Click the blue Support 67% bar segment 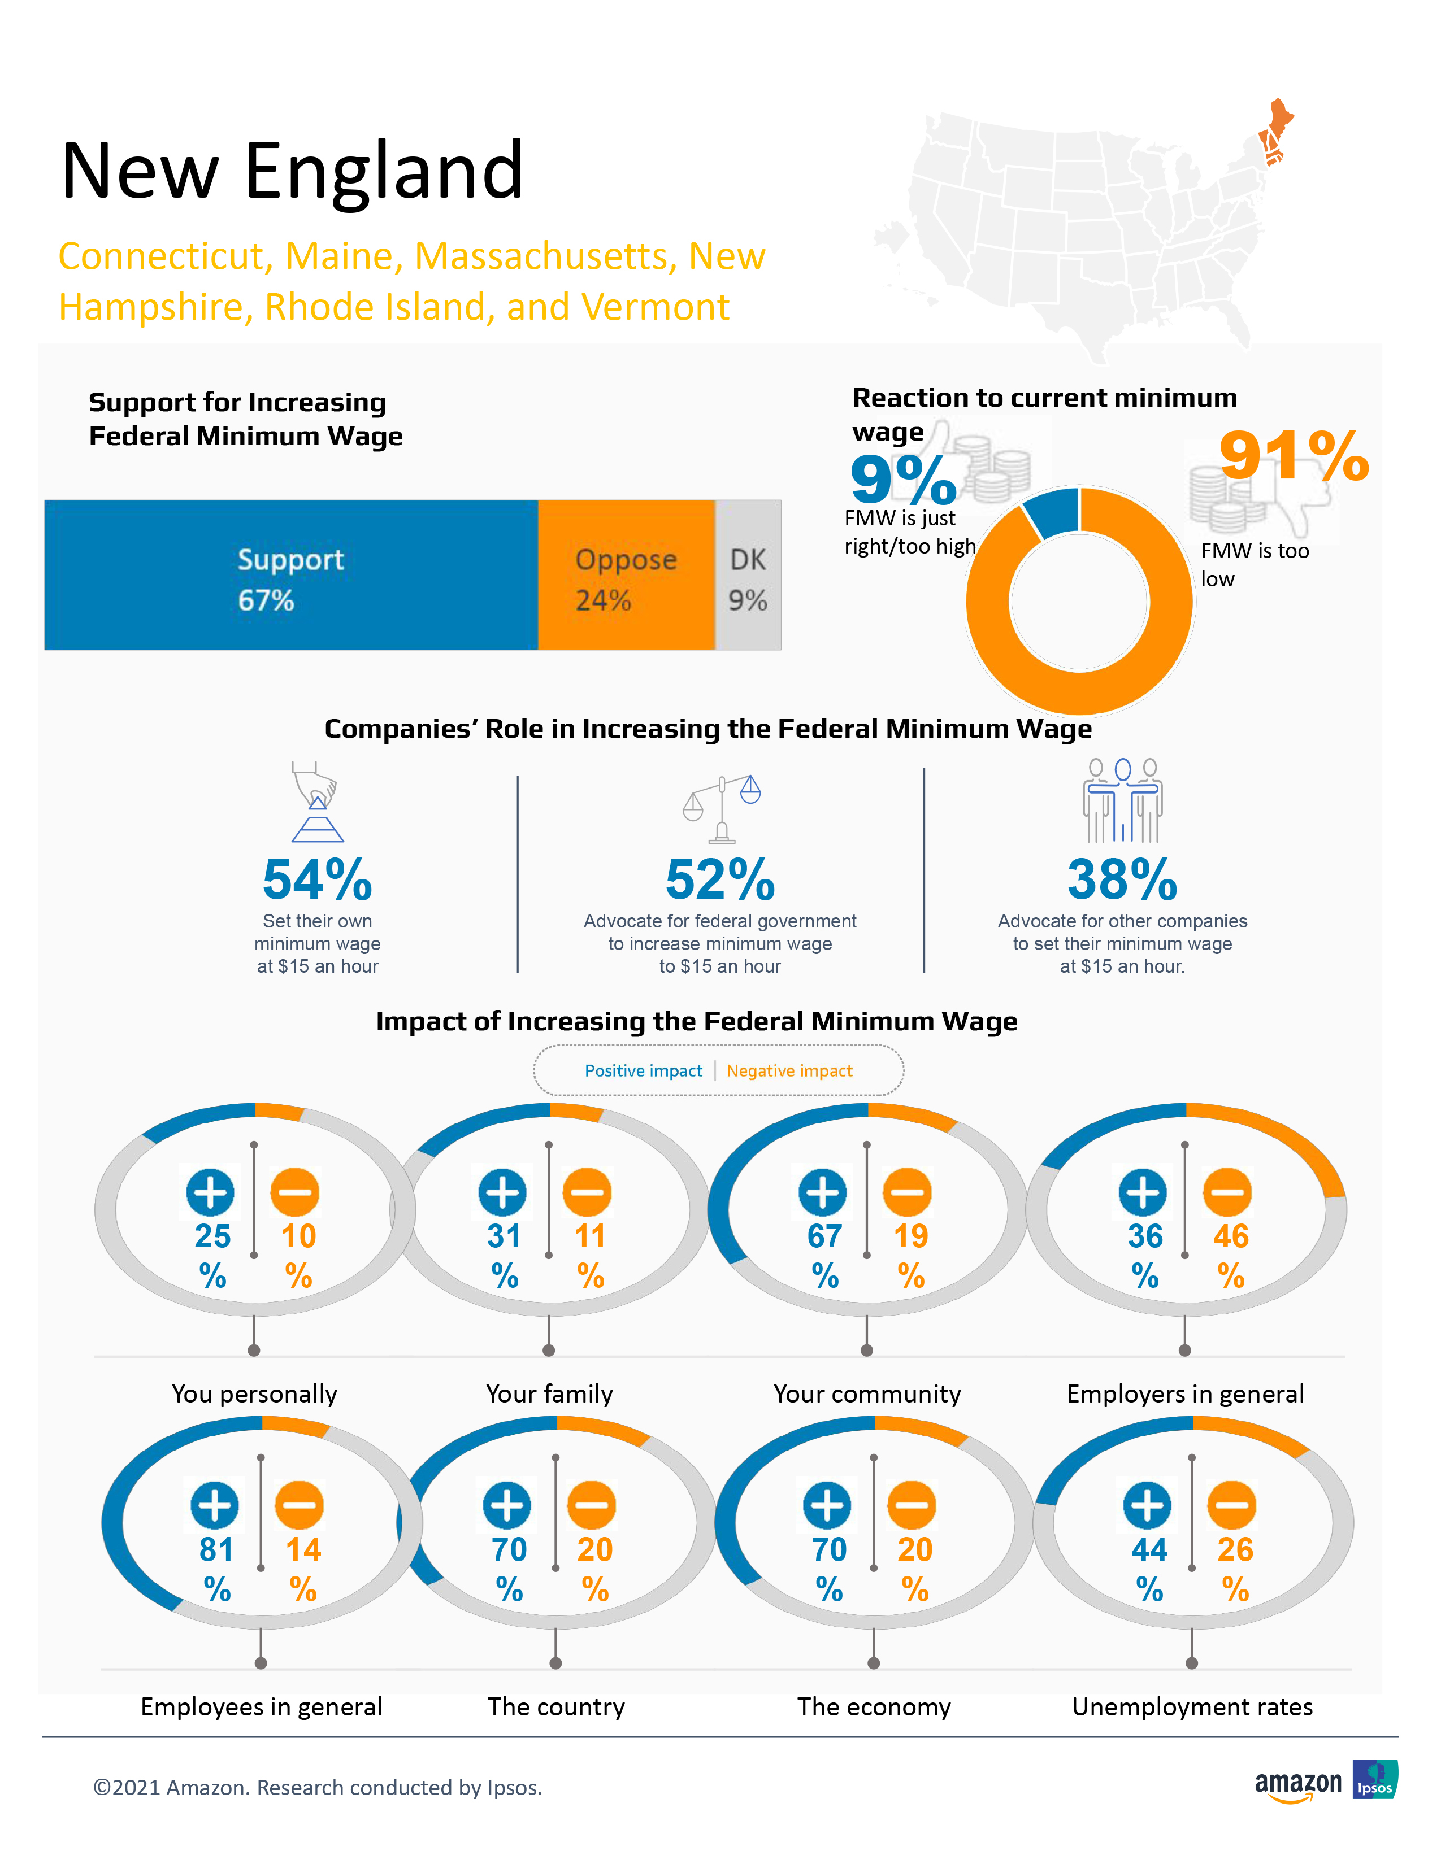pos(291,575)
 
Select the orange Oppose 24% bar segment pos(626,575)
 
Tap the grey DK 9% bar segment pos(748,575)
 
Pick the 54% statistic pos(318,880)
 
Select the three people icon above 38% pos(1123,800)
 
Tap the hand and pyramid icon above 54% pos(316,802)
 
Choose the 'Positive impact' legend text pos(643,1071)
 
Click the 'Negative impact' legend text pos(789,1071)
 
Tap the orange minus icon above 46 pos(1227,1192)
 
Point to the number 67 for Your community pos(824,1236)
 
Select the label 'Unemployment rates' pos(1192,1707)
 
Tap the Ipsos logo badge pos(1374,1780)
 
